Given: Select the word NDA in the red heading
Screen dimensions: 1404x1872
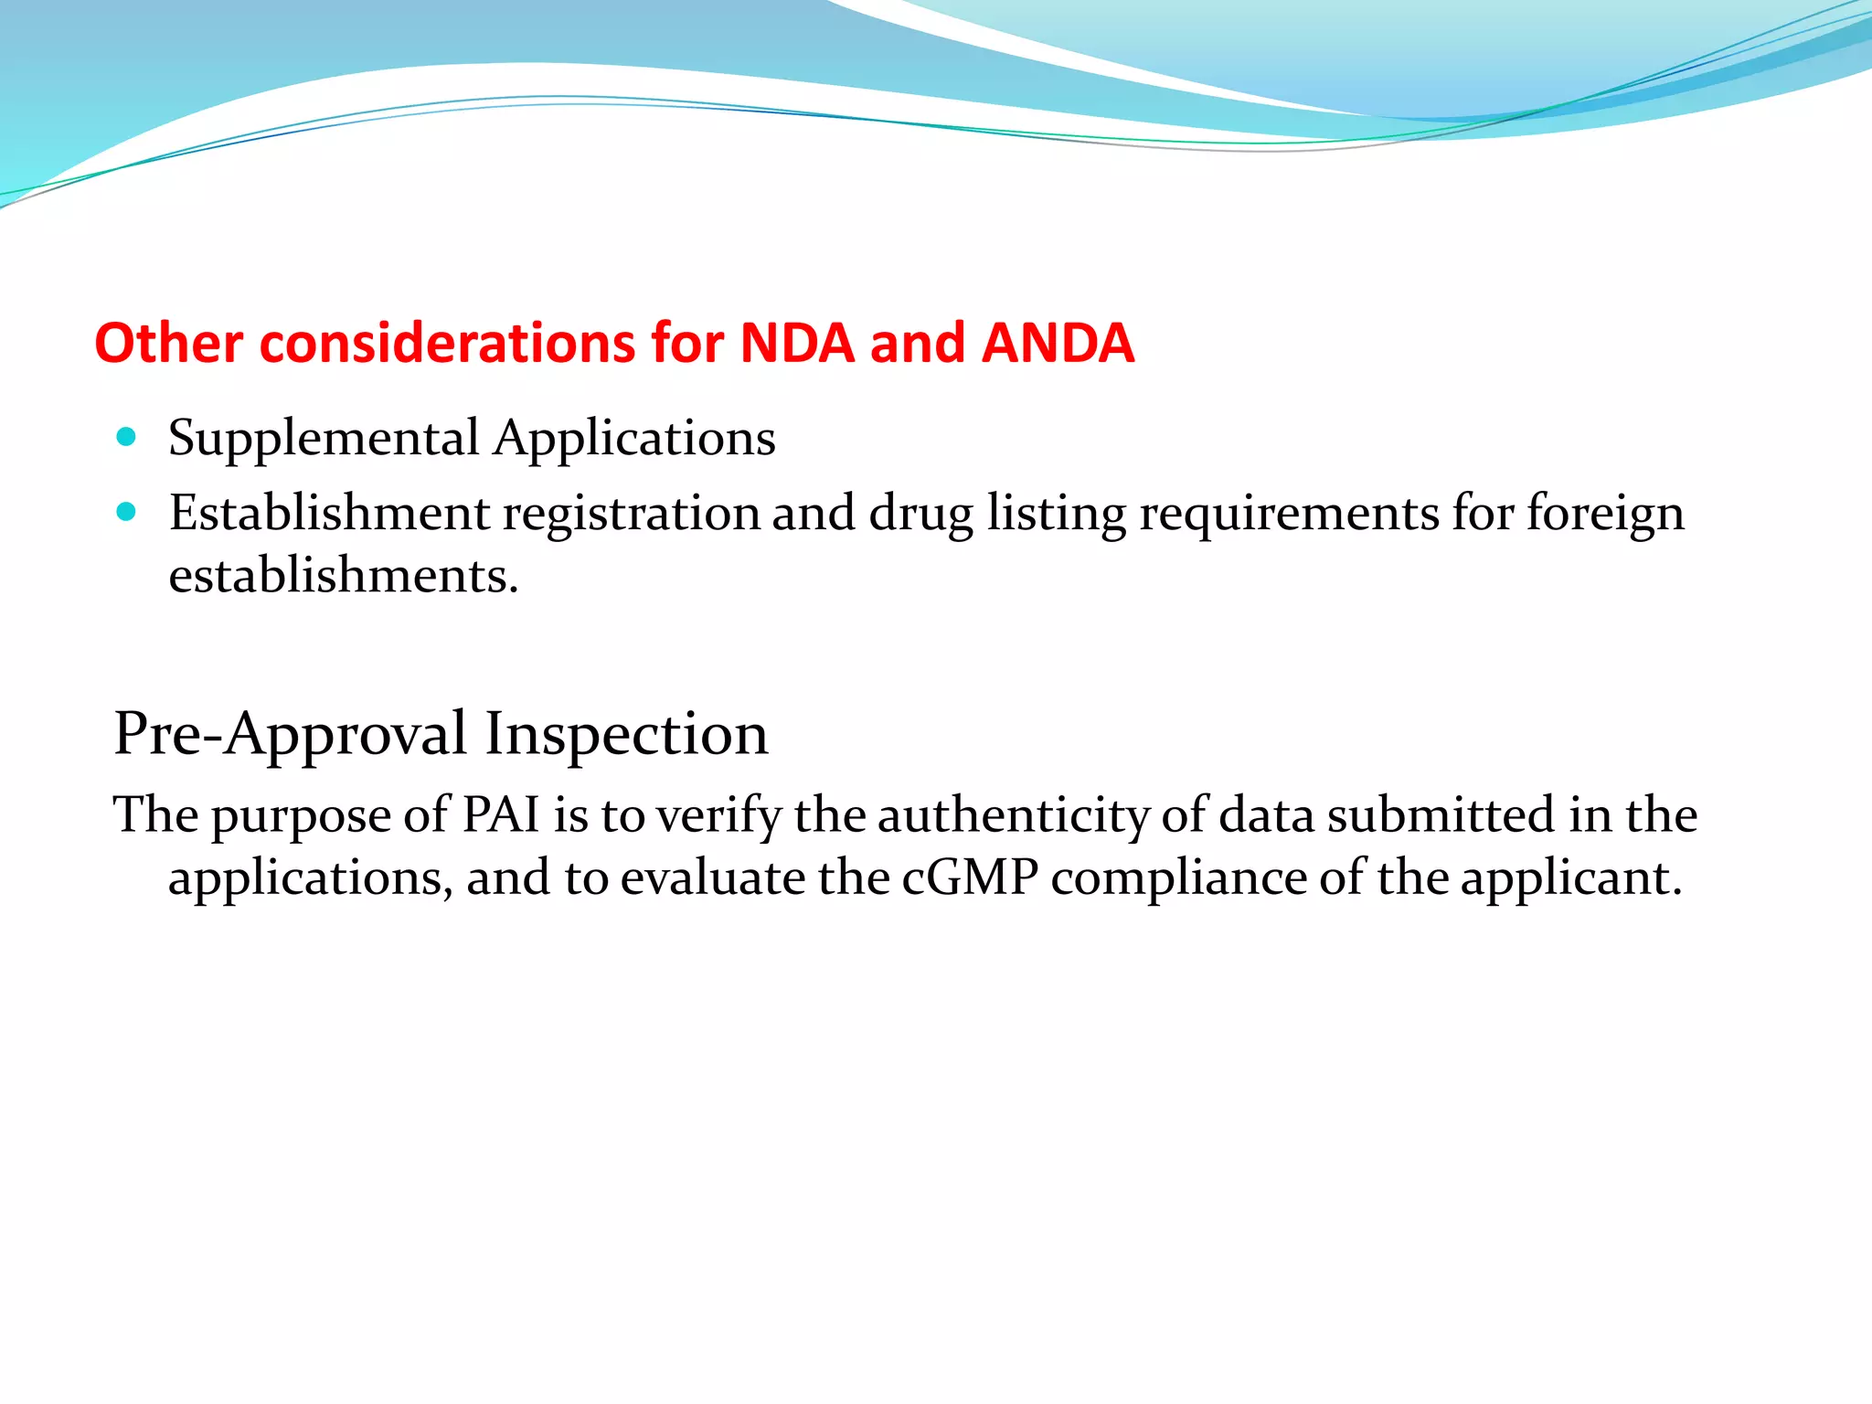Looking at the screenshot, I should coord(796,344).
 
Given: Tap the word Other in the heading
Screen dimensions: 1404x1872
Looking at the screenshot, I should coord(168,344).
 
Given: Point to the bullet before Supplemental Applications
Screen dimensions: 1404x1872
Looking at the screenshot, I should coord(127,437).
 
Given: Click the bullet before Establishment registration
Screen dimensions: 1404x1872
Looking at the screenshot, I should coord(127,512).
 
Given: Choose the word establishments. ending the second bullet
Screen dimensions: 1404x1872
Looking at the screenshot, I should coord(344,576).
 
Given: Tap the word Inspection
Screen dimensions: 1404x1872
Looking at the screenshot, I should coord(626,734).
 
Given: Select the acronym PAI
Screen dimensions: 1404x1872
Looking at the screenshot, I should coord(501,814).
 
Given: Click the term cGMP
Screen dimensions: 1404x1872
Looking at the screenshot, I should coord(970,877).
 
